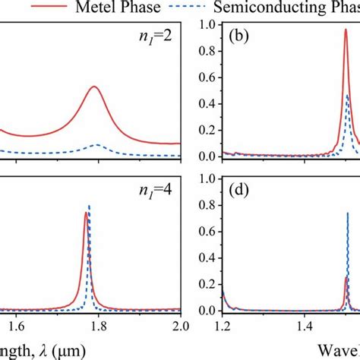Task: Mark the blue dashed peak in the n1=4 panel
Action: (x=90, y=206)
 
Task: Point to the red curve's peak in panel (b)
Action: (x=346, y=30)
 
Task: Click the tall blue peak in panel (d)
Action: (x=348, y=213)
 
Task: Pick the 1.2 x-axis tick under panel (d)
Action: (x=222, y=326)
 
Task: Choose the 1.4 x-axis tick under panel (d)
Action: (x=305, y=326)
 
